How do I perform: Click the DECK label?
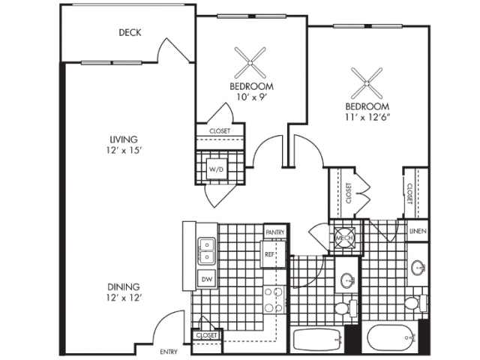pyautogui.click(x=130, y=32)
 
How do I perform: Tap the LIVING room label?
pyautogui.click(x=124, y=139)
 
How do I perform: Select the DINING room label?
pyautogui.click(x=122, y=286)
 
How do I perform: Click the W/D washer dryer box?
pyautogui.click(x=217, y=169)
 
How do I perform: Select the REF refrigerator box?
pyautogui.click(x=270, y=254)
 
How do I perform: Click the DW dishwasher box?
pyautogui.click(x=207, y=280)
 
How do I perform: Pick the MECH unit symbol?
pyautogui.click(x=344, y=237)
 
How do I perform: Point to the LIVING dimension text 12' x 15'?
pyautogui.click(x=123, y=151)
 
